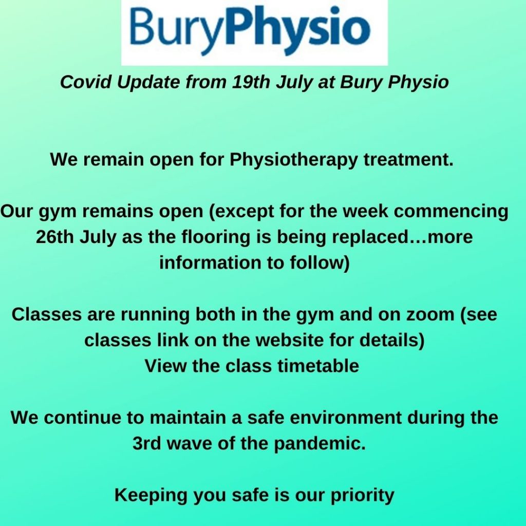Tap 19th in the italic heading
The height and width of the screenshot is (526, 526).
(x=251, y=82)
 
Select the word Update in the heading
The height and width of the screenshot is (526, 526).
(x=148, y=83)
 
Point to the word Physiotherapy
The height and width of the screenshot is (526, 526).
(x=294, y=160)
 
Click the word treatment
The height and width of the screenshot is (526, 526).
(x=408, y=159)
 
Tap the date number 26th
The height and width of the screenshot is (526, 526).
(x=54, y=237)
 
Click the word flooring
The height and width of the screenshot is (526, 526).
(x=216, y=237)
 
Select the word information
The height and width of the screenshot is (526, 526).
(x=210, y=262)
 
